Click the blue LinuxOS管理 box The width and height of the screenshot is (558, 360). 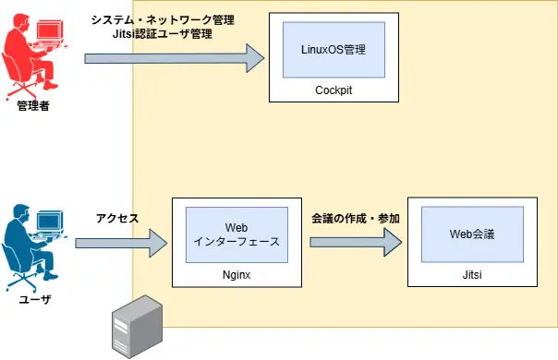click(334, 50)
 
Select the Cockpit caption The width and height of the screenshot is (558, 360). click(334, 90)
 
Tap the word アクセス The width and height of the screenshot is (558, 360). click(117, 219)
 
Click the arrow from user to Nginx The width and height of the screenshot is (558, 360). click(120, 244)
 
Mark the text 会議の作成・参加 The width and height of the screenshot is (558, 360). click(356, 219)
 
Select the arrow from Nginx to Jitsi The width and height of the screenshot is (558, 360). click(356, 242)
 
